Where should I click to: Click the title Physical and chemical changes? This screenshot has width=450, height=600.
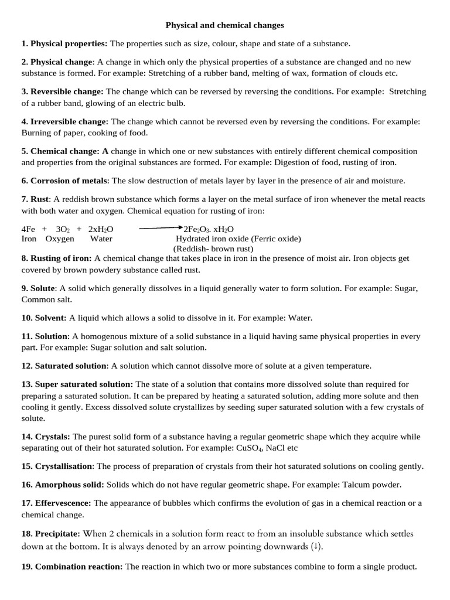224,25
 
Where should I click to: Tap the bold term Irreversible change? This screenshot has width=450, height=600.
69,121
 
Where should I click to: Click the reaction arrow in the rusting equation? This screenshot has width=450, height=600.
161,229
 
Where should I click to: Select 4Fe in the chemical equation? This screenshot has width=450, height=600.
29,229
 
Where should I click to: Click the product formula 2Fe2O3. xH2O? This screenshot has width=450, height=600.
209,229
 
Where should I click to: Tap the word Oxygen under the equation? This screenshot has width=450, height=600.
60,238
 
